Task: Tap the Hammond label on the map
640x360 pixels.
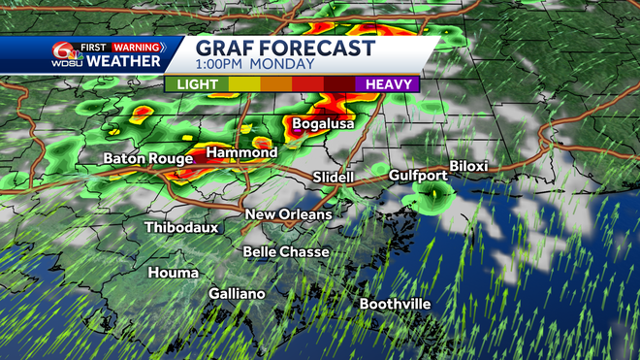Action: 242,153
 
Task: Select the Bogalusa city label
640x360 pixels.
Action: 323,124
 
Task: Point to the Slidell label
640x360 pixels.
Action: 334,177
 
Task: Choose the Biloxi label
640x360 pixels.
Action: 467,167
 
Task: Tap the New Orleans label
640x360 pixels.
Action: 288,214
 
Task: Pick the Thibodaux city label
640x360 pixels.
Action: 181,227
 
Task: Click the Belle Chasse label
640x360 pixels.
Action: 286,252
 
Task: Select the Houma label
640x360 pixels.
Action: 174,274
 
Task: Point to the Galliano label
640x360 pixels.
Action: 237,294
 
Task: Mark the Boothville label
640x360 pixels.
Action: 395,304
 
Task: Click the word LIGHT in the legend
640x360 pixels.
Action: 197,84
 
